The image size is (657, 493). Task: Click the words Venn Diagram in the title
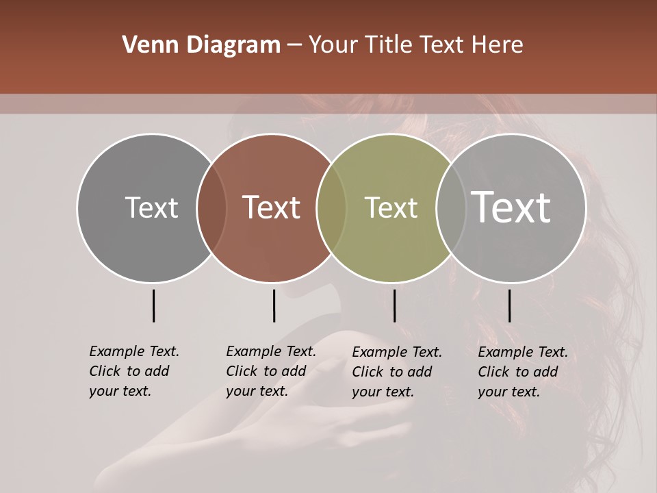[201, 45]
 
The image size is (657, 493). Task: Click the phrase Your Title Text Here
[415, 45]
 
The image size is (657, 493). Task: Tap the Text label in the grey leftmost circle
[151, 207]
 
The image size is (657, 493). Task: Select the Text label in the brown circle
[271, 207]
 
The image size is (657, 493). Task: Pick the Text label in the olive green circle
[391, 207]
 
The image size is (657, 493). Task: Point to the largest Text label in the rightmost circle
[511, 207]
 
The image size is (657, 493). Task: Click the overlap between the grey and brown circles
[211, 208]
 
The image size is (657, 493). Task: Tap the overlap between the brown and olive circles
[331, 208]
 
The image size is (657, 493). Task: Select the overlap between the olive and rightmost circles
[450, 208]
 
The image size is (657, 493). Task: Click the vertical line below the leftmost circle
[154, 305]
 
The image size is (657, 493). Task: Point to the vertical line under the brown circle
[274, 305]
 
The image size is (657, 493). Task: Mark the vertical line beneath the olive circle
[394, 305]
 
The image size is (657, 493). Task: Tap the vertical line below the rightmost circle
[510, 305]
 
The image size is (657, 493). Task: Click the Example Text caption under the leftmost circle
[133, 371]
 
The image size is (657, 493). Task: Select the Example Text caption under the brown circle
[270, 371]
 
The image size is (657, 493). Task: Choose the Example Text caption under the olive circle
[396, 372]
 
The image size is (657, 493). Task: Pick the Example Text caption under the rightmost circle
[522, 372]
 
